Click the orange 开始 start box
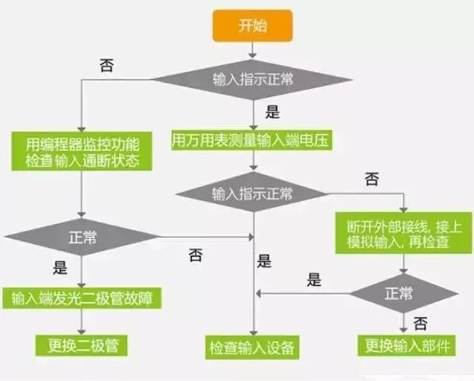point(253,26)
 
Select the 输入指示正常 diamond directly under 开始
point(253,79)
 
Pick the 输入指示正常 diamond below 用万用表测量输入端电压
point(253,194)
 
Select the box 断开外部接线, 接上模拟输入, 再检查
point(403,233)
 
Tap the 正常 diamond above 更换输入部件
point(404,293)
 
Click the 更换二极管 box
point(81,344)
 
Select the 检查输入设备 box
point(253,346)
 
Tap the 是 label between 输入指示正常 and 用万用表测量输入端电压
point(272,112)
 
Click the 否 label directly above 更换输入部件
point(420,323)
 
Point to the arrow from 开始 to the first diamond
point(253,50)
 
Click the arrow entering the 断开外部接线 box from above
point(403,205)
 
